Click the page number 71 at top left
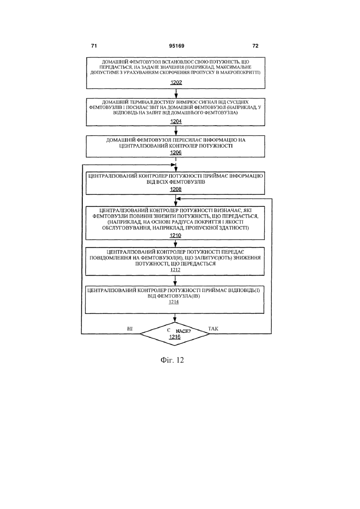point(94,46)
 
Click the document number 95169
point(177,46)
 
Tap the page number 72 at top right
point(255,46)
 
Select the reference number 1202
point(176,82)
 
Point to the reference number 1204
point(176,121)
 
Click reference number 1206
point(176,153)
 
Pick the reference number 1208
point(175,190)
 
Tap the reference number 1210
point(175,236)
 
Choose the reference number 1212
point(175,270)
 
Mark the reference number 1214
point(173,302)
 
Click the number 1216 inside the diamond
point(175,337)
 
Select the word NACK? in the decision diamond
point(183,331)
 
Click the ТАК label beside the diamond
point(213,329)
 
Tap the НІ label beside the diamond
point(130,329)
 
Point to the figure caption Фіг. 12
point(172,360)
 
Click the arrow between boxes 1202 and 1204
point(176,94)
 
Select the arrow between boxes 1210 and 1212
point(175,244)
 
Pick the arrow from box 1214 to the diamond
point(175,318)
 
